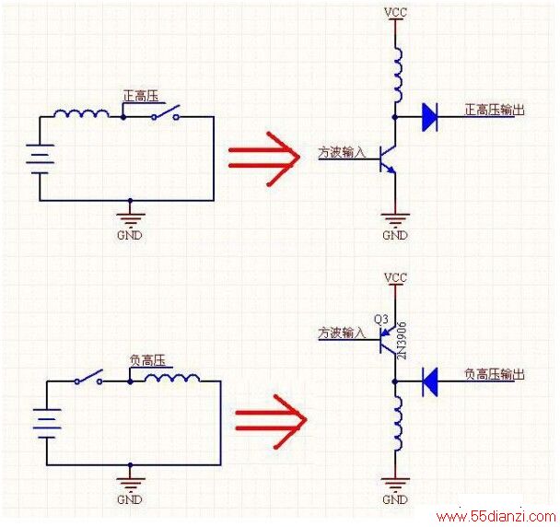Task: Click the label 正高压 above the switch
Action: [x=141, y=96]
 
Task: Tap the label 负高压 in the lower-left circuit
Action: [x=147, y=360]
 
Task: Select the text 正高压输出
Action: [x=495, y=110]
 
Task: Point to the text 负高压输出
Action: [x=495, y=374]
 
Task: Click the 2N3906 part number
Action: [x=402, y=341]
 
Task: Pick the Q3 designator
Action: [x=380, y=319]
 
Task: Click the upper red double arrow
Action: [x=264, y=158]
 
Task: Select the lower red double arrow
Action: [x=271, y=422]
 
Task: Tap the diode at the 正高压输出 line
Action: [x=429, y=117]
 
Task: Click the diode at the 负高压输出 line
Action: [x=429, y=382]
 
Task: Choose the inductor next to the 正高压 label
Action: [x=81, y=113]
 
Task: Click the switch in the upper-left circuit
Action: [x=166, y=112]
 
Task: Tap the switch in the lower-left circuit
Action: [x=89, y=378]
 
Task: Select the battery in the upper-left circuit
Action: [x=40, y=159]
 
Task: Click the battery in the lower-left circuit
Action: [x=47, y=424]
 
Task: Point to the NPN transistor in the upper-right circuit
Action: [x=388, y=159]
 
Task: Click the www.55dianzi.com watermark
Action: [x=496, y=517]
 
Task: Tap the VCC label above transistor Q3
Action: [x=395, y=277]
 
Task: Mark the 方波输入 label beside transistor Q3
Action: [x=342, y=333]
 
